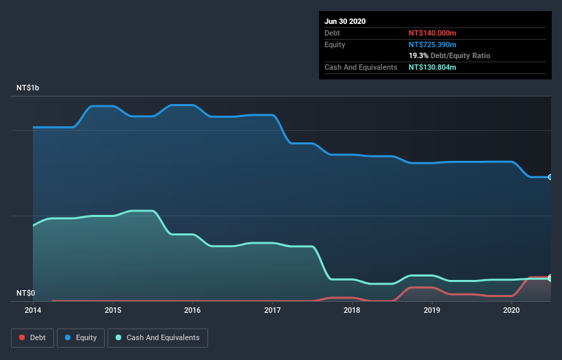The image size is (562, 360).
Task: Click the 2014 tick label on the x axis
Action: pos(33,310)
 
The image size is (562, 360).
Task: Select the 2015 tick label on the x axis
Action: pos(113,310)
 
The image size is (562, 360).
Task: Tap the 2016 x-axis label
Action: pos(192,310)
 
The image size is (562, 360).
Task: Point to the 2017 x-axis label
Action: pos(272,310)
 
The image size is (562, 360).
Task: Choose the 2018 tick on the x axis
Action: pos(352,310)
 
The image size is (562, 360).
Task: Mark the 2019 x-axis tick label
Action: pos(432,310)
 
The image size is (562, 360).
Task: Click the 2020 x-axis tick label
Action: pos(511,310)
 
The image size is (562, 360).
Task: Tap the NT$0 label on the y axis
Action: pos(26,293)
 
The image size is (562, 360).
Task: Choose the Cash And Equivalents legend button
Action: pos(157,337)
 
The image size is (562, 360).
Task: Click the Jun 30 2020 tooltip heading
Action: pos(345,21)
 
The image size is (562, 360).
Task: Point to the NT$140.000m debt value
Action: pos(432,33)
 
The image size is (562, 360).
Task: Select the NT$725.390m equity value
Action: pos(432,44)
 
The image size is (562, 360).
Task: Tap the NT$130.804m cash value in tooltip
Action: pos(432,67)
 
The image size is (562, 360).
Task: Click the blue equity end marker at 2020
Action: pos(550,177)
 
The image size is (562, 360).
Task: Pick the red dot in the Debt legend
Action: pos(23,337)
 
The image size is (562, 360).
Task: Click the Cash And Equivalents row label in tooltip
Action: pos(361,67)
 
